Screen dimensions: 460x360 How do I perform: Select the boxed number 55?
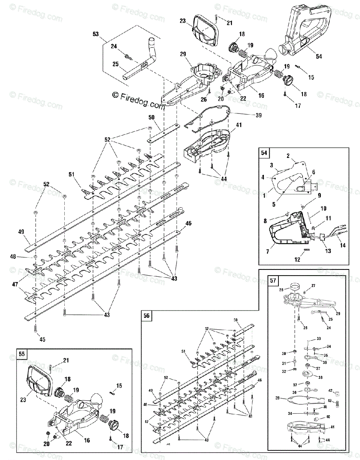click(x=22, y=353)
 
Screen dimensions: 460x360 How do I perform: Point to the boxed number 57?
click(x=273, y=281)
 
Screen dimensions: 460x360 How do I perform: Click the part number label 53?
click(x=95, y=34)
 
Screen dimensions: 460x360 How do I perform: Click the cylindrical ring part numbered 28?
click(x=295, y=287)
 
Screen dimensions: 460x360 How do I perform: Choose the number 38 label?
click(x=320, y=377)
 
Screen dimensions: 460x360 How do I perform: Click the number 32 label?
click(x=284, y=371)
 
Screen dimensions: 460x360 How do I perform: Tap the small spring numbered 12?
click(x=306, y=250)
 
